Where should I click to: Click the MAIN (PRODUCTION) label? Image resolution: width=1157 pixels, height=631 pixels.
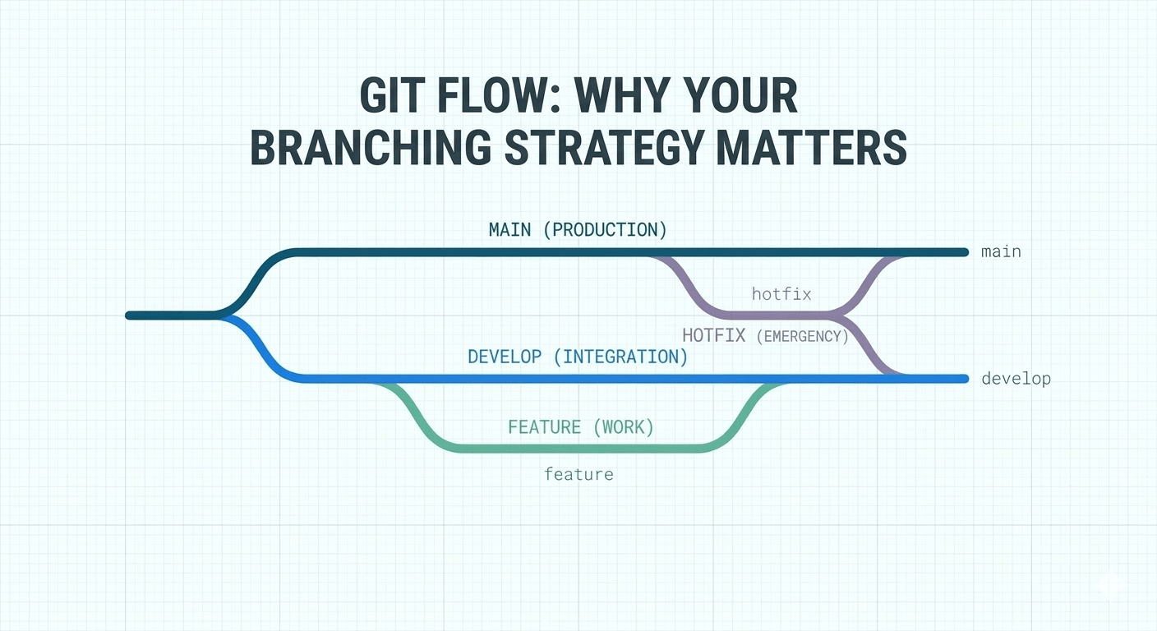click(x=578, y=230)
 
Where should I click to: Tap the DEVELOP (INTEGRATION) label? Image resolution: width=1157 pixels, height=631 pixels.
click(x=578, y=357)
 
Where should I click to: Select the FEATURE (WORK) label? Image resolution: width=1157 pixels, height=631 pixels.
click(x=581, y=427)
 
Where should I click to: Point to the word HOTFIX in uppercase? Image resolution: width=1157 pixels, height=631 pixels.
click(x=713, y=335)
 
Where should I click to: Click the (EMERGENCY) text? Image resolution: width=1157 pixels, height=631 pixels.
click(x=801, y=336)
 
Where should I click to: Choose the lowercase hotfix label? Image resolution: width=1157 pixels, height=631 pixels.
click(x=781, y=293)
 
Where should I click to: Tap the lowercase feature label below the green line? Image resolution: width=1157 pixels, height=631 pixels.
click(x=578, y=474)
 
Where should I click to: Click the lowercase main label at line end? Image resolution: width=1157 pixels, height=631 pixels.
click(x=1001, y=251)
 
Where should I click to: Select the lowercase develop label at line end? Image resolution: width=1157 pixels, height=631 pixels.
click(x=1016, y=379)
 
